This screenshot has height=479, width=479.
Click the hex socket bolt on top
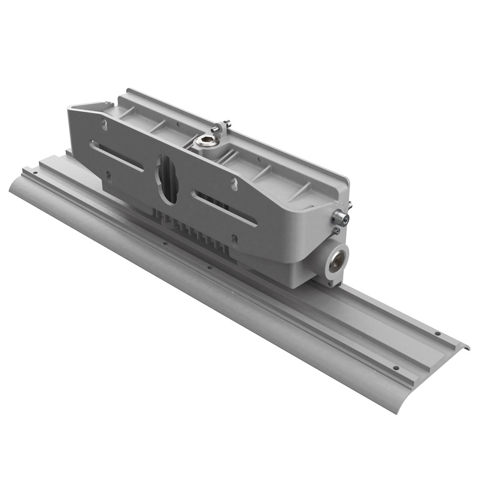[206, 142]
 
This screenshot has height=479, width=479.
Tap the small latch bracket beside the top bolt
[223, 126]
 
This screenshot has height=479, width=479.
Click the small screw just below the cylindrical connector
[336, 230]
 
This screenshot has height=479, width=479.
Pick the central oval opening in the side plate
[166, 179]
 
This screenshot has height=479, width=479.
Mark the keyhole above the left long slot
[105, 125]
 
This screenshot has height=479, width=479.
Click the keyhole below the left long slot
[108, 175]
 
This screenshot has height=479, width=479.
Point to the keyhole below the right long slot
[235, 239]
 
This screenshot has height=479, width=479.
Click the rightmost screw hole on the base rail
[438, 334]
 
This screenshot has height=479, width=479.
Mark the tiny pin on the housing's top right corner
[349, 205]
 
